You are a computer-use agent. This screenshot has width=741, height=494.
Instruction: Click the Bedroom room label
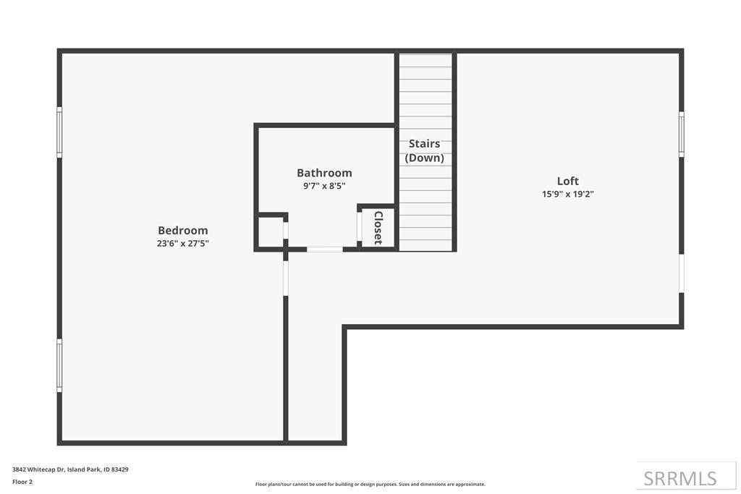click(x=182, y=231)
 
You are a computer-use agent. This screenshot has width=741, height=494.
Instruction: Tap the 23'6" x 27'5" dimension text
click(x=182, y=244)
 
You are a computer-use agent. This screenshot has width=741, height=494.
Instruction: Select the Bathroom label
click(x=324, y=173)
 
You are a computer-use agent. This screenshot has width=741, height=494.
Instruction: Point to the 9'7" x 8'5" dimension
click(x=324, y=186)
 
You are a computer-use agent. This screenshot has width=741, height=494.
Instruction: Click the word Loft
click(x=567, y=182)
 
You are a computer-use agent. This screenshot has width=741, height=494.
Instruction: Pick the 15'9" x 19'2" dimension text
click(x=567, y=194)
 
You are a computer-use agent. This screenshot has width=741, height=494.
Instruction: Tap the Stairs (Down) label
click(x=424, y=150)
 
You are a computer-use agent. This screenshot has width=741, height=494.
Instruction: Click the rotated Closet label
click(x=378, y=228)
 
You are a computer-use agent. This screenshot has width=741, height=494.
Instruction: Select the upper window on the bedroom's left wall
click(x=59, y=132)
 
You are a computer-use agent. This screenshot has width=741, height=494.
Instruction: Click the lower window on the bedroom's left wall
click(x=59, y=365)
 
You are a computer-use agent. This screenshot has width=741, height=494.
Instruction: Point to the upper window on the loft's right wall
click(x=681, y=134)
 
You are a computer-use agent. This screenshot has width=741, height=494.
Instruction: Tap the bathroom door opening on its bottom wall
click(x=325, y=250)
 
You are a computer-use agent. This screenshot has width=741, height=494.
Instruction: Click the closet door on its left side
click(x=360, y=226)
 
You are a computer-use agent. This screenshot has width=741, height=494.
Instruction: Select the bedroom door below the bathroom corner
click(x=286, y=278)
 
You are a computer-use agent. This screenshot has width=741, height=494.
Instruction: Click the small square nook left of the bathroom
click(x=271, y=231)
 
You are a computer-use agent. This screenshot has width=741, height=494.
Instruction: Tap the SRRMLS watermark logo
click(x=680, y=478)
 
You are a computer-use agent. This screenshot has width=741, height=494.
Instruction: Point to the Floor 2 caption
click(x=22, y=482)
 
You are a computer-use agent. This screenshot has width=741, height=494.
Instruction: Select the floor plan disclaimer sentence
click(x=370, y=485)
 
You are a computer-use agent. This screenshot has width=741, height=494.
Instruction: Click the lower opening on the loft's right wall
click(x=681, y=273)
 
